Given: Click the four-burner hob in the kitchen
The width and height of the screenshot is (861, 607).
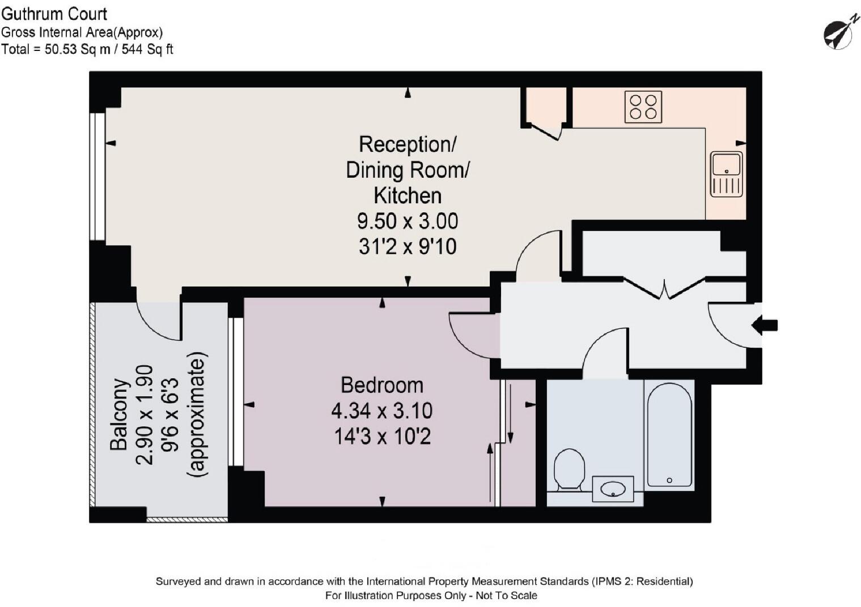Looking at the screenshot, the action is [643, 106].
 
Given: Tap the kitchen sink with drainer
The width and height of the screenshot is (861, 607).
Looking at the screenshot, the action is [726, 174].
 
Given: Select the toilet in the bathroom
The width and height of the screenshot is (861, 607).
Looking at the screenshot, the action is [569, 469].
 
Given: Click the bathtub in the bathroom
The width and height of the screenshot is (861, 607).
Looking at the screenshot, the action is [669, 435].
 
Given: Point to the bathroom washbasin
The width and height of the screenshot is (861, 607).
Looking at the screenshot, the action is [613, 489].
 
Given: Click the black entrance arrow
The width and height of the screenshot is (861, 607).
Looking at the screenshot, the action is [765, 325].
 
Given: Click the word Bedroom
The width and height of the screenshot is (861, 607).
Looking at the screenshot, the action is [382, 385].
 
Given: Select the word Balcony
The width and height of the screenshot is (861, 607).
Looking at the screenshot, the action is [118, 414].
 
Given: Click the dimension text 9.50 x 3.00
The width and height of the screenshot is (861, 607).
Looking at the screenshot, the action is [408, 221].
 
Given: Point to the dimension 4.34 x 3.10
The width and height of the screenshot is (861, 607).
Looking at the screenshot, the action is [382, 411].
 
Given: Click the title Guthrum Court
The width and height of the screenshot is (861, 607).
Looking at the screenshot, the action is [54, 14].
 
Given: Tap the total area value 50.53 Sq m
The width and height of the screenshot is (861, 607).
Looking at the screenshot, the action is [78, 49].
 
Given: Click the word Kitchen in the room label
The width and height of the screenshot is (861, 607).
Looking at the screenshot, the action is [408, 195].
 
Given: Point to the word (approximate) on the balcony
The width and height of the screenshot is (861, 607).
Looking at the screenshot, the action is [197, 414].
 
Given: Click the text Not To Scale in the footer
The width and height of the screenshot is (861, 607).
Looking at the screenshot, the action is [506, 596].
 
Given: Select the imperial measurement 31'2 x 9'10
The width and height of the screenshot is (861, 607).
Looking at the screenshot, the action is [408, 246].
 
